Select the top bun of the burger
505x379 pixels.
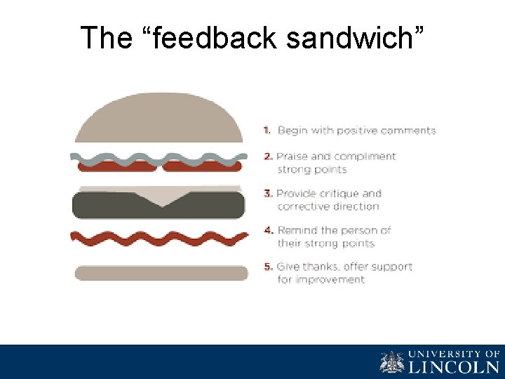coord(159,118)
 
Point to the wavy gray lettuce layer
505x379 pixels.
coord(159,156)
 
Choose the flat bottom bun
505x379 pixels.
coord(161,273)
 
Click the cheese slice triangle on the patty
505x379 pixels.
coord(161,197)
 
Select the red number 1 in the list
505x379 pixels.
coord(267,131)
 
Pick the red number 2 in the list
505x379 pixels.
coord(267,157)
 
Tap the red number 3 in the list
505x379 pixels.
coord(267,194)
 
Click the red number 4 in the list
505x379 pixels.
coord(267,230)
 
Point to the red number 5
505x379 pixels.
coord(267,267)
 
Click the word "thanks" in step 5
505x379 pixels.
coord(323,267)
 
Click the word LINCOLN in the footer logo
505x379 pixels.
coord(454,366)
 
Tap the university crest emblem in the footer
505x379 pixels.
coord(392,362)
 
